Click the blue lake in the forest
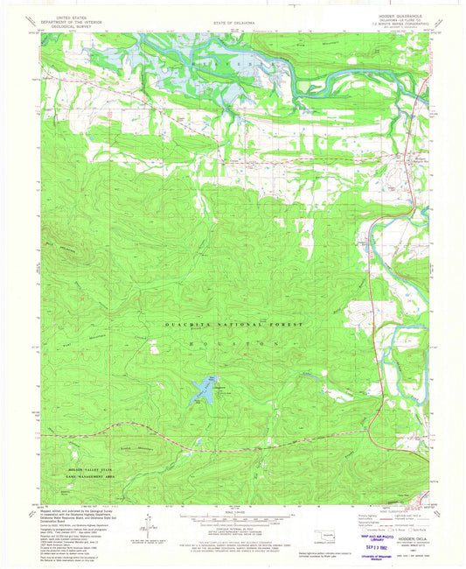click(x=203, y=391)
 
